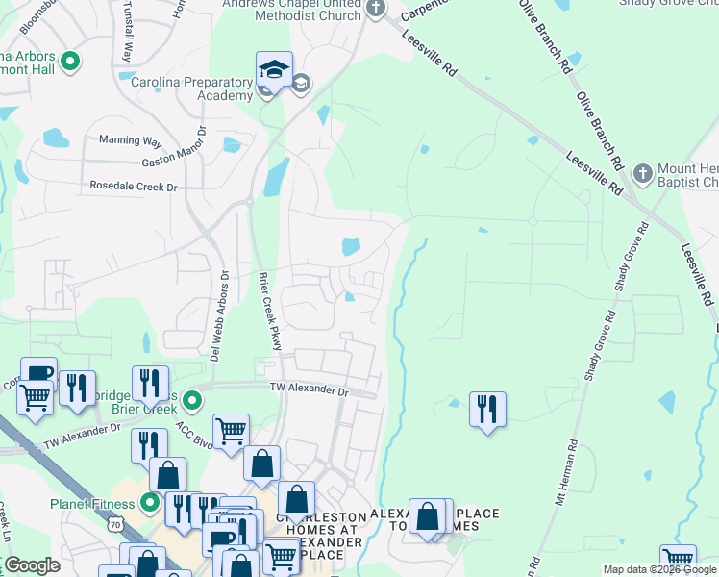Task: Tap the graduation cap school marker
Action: (274, 70)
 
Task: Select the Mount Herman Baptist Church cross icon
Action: (642, 174)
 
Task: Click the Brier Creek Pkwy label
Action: (269, 313)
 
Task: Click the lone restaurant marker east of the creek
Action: (487, 410)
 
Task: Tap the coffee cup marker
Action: (38, 373)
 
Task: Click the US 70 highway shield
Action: (114, 525)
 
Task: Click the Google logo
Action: (32, 566)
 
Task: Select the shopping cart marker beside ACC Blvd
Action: (232, 432)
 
